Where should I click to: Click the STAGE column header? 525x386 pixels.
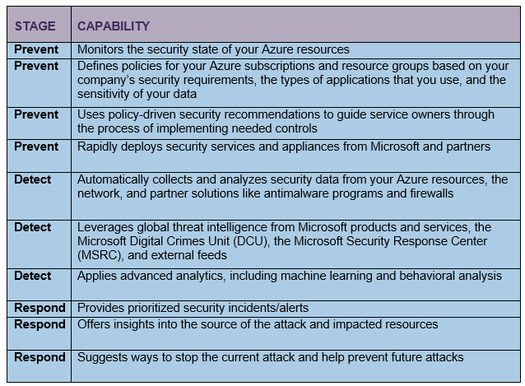(x=35, y=26)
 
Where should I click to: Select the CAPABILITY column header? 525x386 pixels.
(x=114, y=26)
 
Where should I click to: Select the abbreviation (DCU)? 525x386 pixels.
(x=252, y=241)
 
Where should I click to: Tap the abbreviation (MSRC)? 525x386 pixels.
(x=100, y=255)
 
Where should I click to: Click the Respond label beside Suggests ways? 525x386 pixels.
(x=39, y=357)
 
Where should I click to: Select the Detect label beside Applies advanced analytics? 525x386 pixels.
(x=33, y=277)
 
